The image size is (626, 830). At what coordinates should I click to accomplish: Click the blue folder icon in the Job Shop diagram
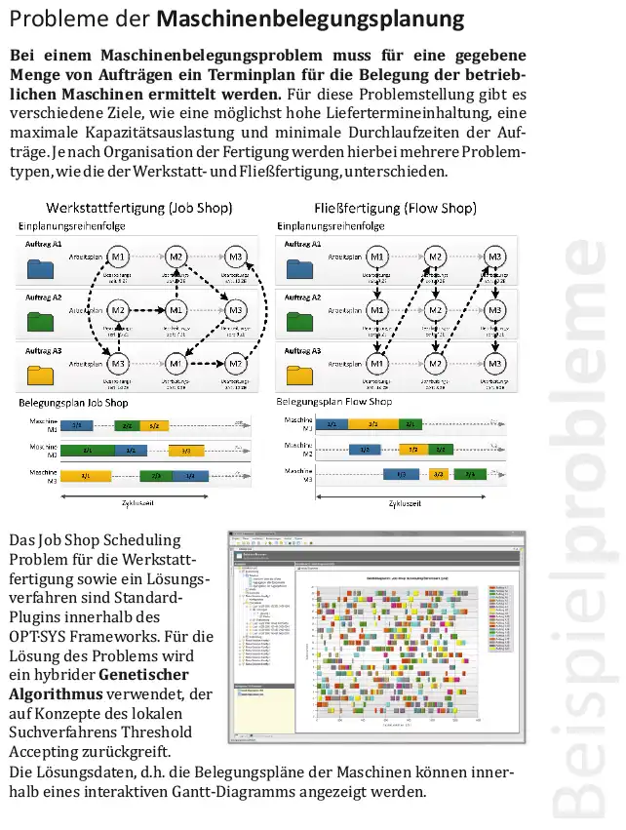[42, 270]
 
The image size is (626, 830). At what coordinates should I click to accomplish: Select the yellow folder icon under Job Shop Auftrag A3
[42, 375]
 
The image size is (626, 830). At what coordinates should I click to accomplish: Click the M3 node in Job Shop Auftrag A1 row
[236, 257]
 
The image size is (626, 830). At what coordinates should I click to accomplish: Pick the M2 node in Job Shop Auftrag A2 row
[119, 310]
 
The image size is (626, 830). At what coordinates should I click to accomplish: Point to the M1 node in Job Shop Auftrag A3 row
[176, 364]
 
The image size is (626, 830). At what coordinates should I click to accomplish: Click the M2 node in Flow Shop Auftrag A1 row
[436, 257]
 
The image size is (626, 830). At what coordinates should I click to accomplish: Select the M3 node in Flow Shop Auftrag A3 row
[495, 364]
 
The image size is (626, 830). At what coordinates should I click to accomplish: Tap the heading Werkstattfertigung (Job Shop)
[138, 208]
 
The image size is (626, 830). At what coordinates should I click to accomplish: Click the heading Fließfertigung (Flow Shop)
[395, 208]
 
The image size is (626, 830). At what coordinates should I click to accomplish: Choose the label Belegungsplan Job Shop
[73, 402]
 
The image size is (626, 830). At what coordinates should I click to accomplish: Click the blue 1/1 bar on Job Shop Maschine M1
[77, 425]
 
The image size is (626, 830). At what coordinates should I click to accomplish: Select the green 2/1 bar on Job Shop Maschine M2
[89, 451]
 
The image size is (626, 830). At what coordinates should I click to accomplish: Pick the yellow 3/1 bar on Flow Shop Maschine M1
[373, 424]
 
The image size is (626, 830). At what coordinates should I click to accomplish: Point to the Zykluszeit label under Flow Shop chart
[405, 504]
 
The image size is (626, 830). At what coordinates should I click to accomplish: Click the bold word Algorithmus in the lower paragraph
[53, 693]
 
